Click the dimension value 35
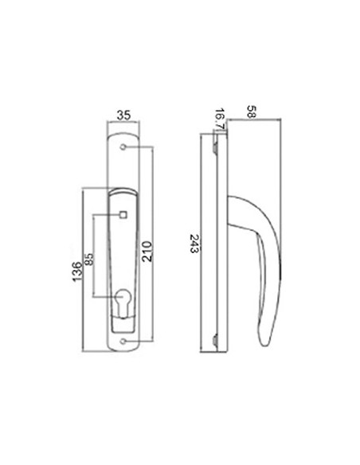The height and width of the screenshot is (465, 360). [123, 115]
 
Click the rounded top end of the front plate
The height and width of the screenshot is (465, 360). [123, 140]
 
